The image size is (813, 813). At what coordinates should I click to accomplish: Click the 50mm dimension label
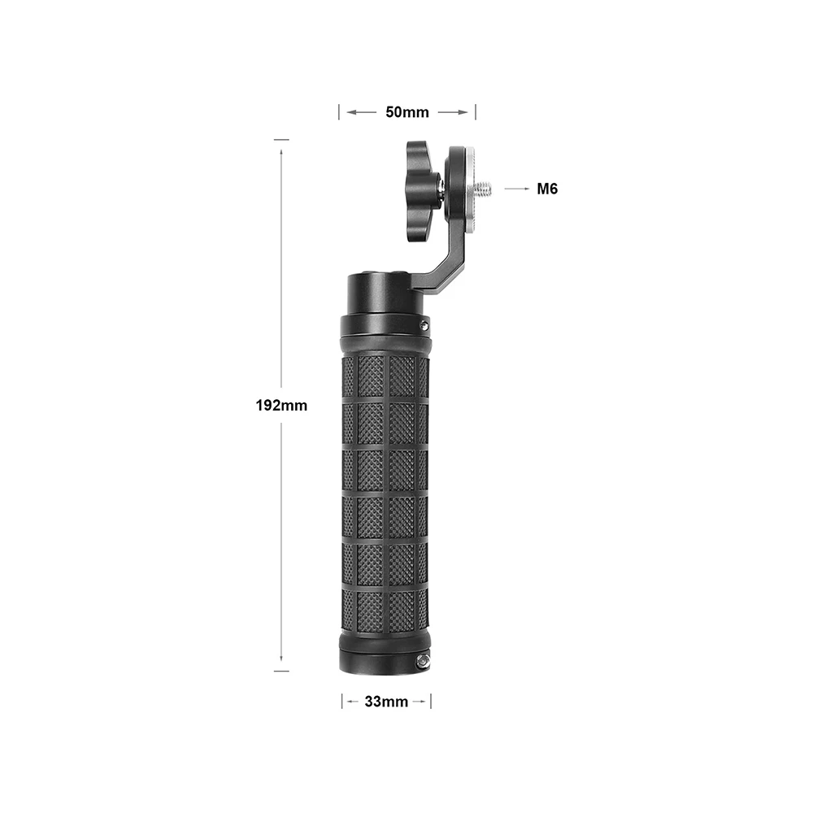click(406, 112)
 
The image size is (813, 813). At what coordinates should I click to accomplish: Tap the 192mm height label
click(281, 405)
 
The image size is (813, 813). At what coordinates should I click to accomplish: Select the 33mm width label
click(385, 702)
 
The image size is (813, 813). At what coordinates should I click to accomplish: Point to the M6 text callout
click(546, 189)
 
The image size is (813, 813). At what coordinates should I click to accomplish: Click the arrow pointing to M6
click(516, 189)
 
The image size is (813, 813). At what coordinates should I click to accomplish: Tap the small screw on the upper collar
click(424, 325)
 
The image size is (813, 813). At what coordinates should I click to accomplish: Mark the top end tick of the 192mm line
click(281, 140)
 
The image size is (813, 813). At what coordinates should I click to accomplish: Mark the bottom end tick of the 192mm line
click(281, 672)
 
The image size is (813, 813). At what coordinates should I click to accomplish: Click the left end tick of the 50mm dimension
click(339, 112)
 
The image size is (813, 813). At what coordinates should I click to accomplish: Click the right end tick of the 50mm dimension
click(475, 112)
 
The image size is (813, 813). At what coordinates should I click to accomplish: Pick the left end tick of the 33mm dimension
click(342, 702)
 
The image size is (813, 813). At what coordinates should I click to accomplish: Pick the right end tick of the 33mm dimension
click(430, 702)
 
